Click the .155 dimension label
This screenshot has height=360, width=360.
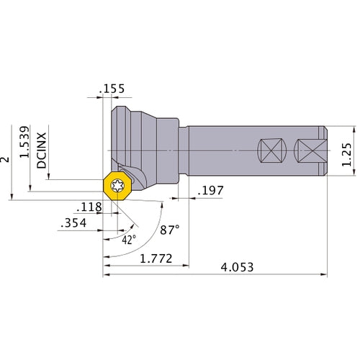pyautogui.click(x=113, y=89)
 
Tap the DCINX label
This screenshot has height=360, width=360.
pyautogui.click(x=42, y=149)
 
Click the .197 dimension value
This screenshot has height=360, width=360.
pyautogui.click(x=210, y=191)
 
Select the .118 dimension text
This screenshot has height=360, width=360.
pyautogui.click(x=89, y=208)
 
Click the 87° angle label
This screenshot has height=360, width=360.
pyautogui.click(x=170, y=231)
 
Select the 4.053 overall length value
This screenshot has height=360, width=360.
pyautogui.click(x=237, y=266)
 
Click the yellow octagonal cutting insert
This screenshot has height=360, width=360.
pyautogui.click(x=120, y=186)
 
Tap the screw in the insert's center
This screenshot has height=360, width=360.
pyautogui.click(x=120, y=186)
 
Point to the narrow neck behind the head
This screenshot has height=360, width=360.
pyautogui.click(x=180, y=150)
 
